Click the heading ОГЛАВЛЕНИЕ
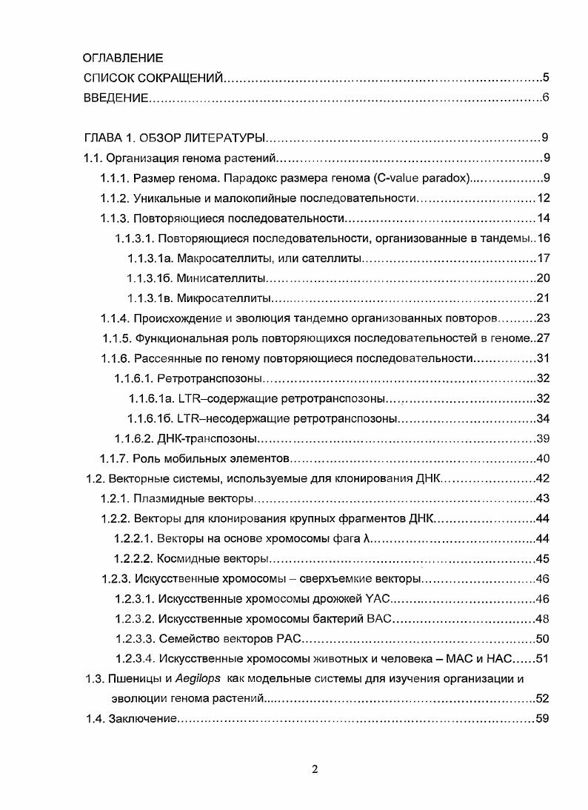click(123, 57)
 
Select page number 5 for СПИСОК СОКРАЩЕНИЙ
click(545, 77)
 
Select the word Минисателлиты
click(221, 278)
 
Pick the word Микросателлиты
click(224, 298)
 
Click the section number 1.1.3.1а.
click(150, 258)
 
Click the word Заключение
click(142, 719)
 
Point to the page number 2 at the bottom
click(315, 769)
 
